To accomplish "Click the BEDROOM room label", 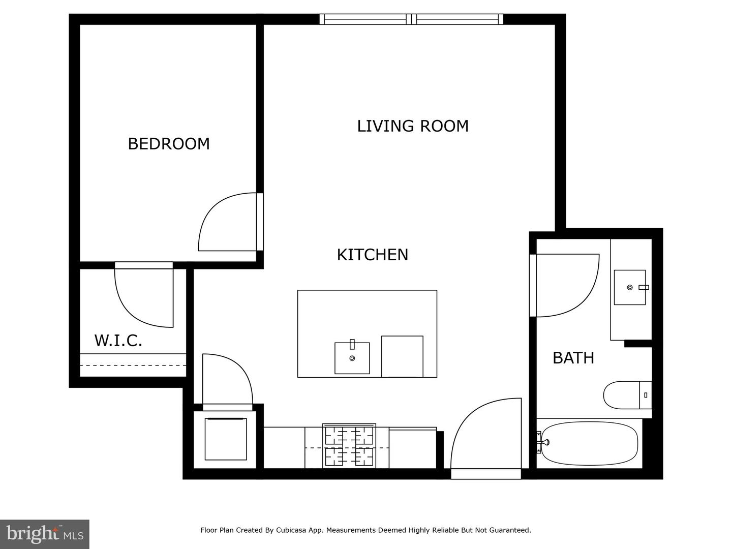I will tap(169, 144).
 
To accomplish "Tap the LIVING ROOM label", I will tap(412, 126).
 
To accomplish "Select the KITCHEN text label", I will tap(372, 255).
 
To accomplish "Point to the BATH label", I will tap(573, 358).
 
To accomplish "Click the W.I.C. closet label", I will tap(118, 340).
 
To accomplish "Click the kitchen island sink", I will tap(352, 358).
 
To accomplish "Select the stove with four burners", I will tap(349, 446).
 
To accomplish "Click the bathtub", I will tap(590, 443).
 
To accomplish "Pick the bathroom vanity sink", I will tap(630, 287).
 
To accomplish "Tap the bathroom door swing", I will tap(565, 285).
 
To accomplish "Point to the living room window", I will tap(411, 19).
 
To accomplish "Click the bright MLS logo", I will tap(45, 534).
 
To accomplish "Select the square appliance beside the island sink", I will tap(402, 356).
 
